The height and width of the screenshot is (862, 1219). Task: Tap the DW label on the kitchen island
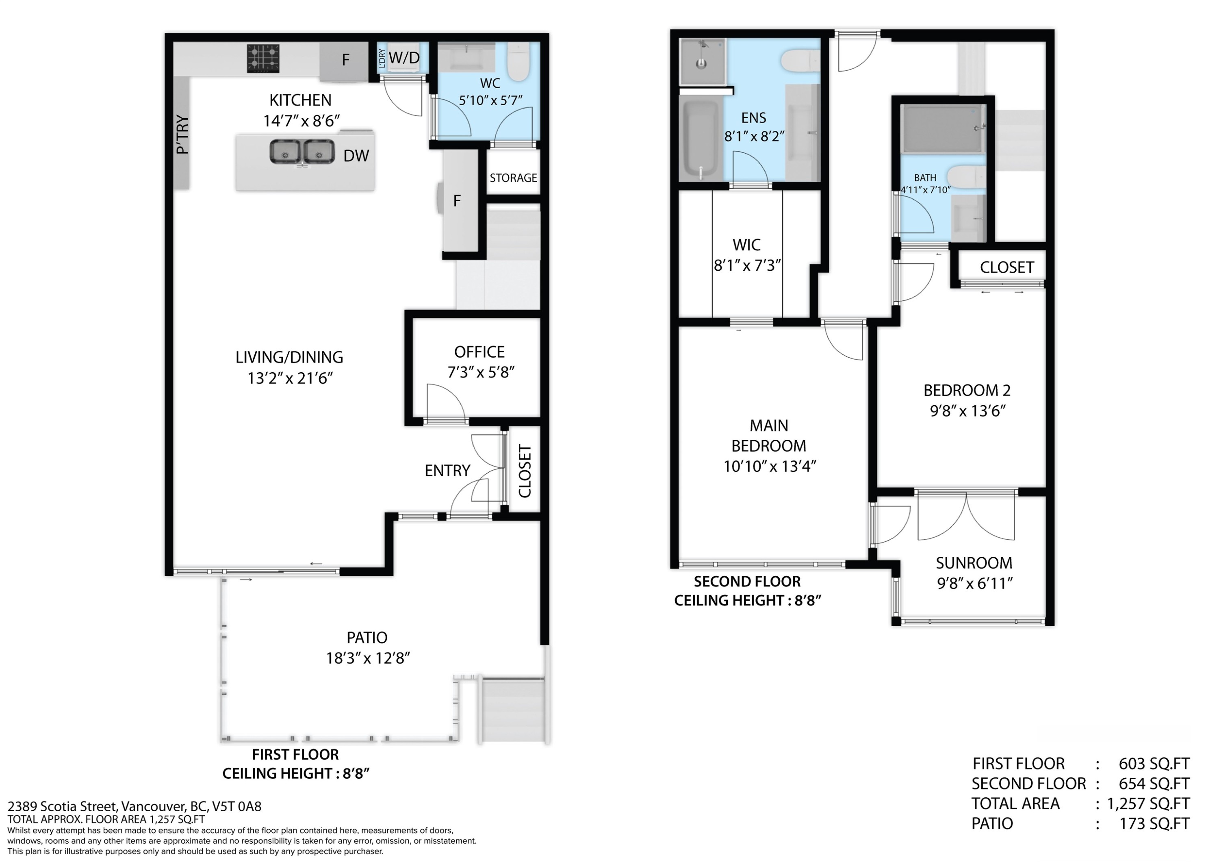coord(356,156)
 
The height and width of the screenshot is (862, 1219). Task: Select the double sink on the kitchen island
coord(301,152)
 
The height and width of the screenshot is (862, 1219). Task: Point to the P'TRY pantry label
coord(182,135)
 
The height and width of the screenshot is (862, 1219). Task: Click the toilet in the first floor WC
coord(518,62)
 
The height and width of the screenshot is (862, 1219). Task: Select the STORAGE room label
coord(513,178)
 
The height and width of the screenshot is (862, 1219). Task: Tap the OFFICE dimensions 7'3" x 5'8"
coord(480,372)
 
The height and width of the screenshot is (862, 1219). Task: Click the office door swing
coord(445,404)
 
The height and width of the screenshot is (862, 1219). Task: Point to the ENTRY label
coord(447,471)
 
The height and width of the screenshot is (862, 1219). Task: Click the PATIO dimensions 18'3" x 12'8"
coord(367,658)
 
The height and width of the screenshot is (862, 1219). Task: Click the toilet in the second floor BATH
coord(967,176)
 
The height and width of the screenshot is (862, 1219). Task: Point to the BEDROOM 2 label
coord(967,391)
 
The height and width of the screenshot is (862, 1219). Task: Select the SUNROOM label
coord(974,563)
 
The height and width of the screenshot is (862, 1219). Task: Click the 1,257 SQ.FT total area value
coord(1148,803)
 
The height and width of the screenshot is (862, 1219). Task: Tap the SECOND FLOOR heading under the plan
coord(746,582)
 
